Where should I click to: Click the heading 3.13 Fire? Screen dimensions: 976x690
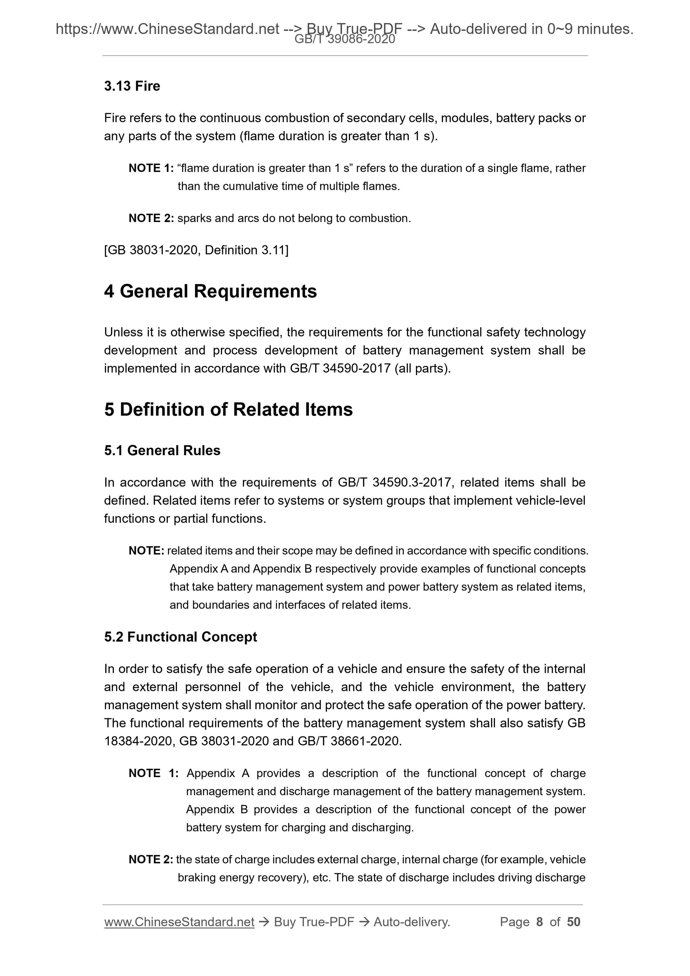click(x=132, y=86)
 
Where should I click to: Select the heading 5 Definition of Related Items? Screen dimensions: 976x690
click(x=228, y=409)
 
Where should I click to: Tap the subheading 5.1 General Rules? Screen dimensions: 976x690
click(x=162, y=450)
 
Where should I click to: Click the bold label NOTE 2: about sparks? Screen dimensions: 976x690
click(x=151, y=218)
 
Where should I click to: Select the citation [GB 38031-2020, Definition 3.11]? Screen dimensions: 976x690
click(x=196, y=250)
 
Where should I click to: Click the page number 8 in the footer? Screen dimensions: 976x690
click(x=540, y=922)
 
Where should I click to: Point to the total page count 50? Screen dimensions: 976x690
click(x=573, y=922)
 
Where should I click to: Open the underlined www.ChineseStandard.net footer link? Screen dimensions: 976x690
click(x=179, y=922)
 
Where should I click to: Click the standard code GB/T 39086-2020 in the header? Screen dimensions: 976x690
click(x=345, y=40)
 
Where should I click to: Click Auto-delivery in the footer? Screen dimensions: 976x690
click(x=411, y=922)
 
